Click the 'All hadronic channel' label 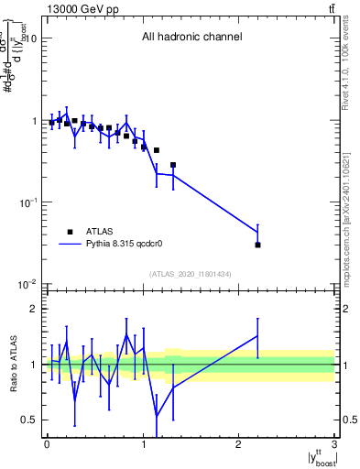tap(191, 38)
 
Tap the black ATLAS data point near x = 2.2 tap(258, 245)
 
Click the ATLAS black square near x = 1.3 tap(173, 165)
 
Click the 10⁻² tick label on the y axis tap(27, 285)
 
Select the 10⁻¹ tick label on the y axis tap(27, 202)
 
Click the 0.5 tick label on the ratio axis tap(28, 420)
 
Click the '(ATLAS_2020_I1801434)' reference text tap(191, 275)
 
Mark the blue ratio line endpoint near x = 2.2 tap(258, 336)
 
